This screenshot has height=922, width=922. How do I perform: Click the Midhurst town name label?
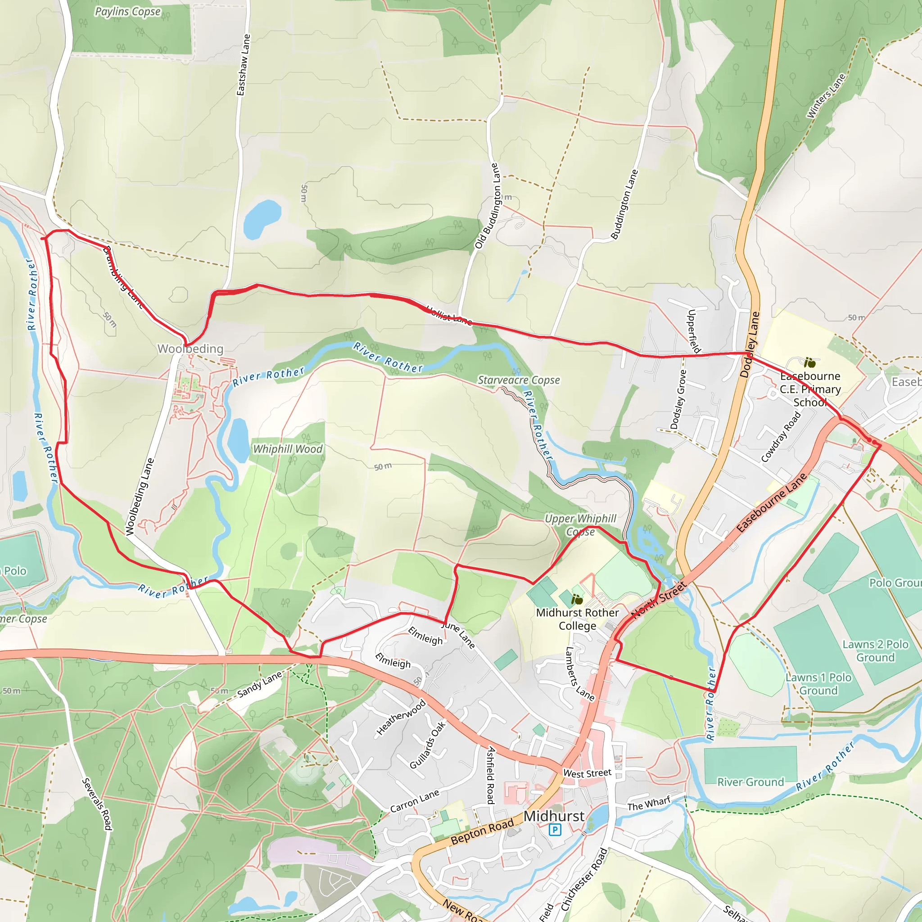[x=554, y=816]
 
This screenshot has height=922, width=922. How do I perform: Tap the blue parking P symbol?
[x=555, y=830]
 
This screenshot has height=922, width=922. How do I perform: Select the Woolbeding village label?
[x=190, y=349]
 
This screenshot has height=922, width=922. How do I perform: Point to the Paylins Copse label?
[x=128, y=11]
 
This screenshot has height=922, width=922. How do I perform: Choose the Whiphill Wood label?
[x=288, y=449]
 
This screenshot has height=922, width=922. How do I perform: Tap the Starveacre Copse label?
[x=519, y=380]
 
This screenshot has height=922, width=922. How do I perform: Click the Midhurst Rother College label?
[x=578, y=619]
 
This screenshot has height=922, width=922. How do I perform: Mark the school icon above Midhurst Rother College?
[x=577, y=599]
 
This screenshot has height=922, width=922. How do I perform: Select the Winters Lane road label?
[x=826, y=95]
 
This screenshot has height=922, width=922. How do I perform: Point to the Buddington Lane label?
[x=624, y=204]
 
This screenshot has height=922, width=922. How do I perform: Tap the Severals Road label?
[x=97, y=804]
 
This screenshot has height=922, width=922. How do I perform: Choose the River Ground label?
[x=750, y=782]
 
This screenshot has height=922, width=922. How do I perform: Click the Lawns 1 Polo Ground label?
[x=818, y=684]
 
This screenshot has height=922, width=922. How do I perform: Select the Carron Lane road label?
[x=414, y=801]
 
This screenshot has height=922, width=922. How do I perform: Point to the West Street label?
[x=587, y=773]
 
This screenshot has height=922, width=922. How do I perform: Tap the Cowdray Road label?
[x=780, y=437]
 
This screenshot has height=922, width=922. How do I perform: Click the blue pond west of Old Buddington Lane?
[x=262, y=218]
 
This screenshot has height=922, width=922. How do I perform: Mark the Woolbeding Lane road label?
[x=140, y=496]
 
